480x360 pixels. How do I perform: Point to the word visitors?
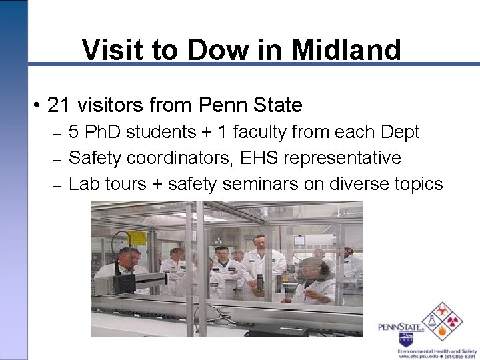[x=111, y=105]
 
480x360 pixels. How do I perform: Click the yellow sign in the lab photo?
[x=137, y=238]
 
